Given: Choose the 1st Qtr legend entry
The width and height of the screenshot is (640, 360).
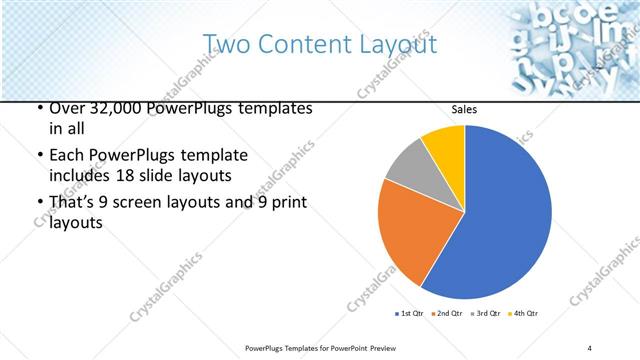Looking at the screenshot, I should [x=409, y=314].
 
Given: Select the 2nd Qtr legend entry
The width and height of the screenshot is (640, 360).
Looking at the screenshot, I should [x=448, y=314].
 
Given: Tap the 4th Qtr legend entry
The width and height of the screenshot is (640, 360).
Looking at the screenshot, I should [x=525, y=314].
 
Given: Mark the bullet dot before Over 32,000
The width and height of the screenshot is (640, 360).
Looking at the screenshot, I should [x=38, y=108].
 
